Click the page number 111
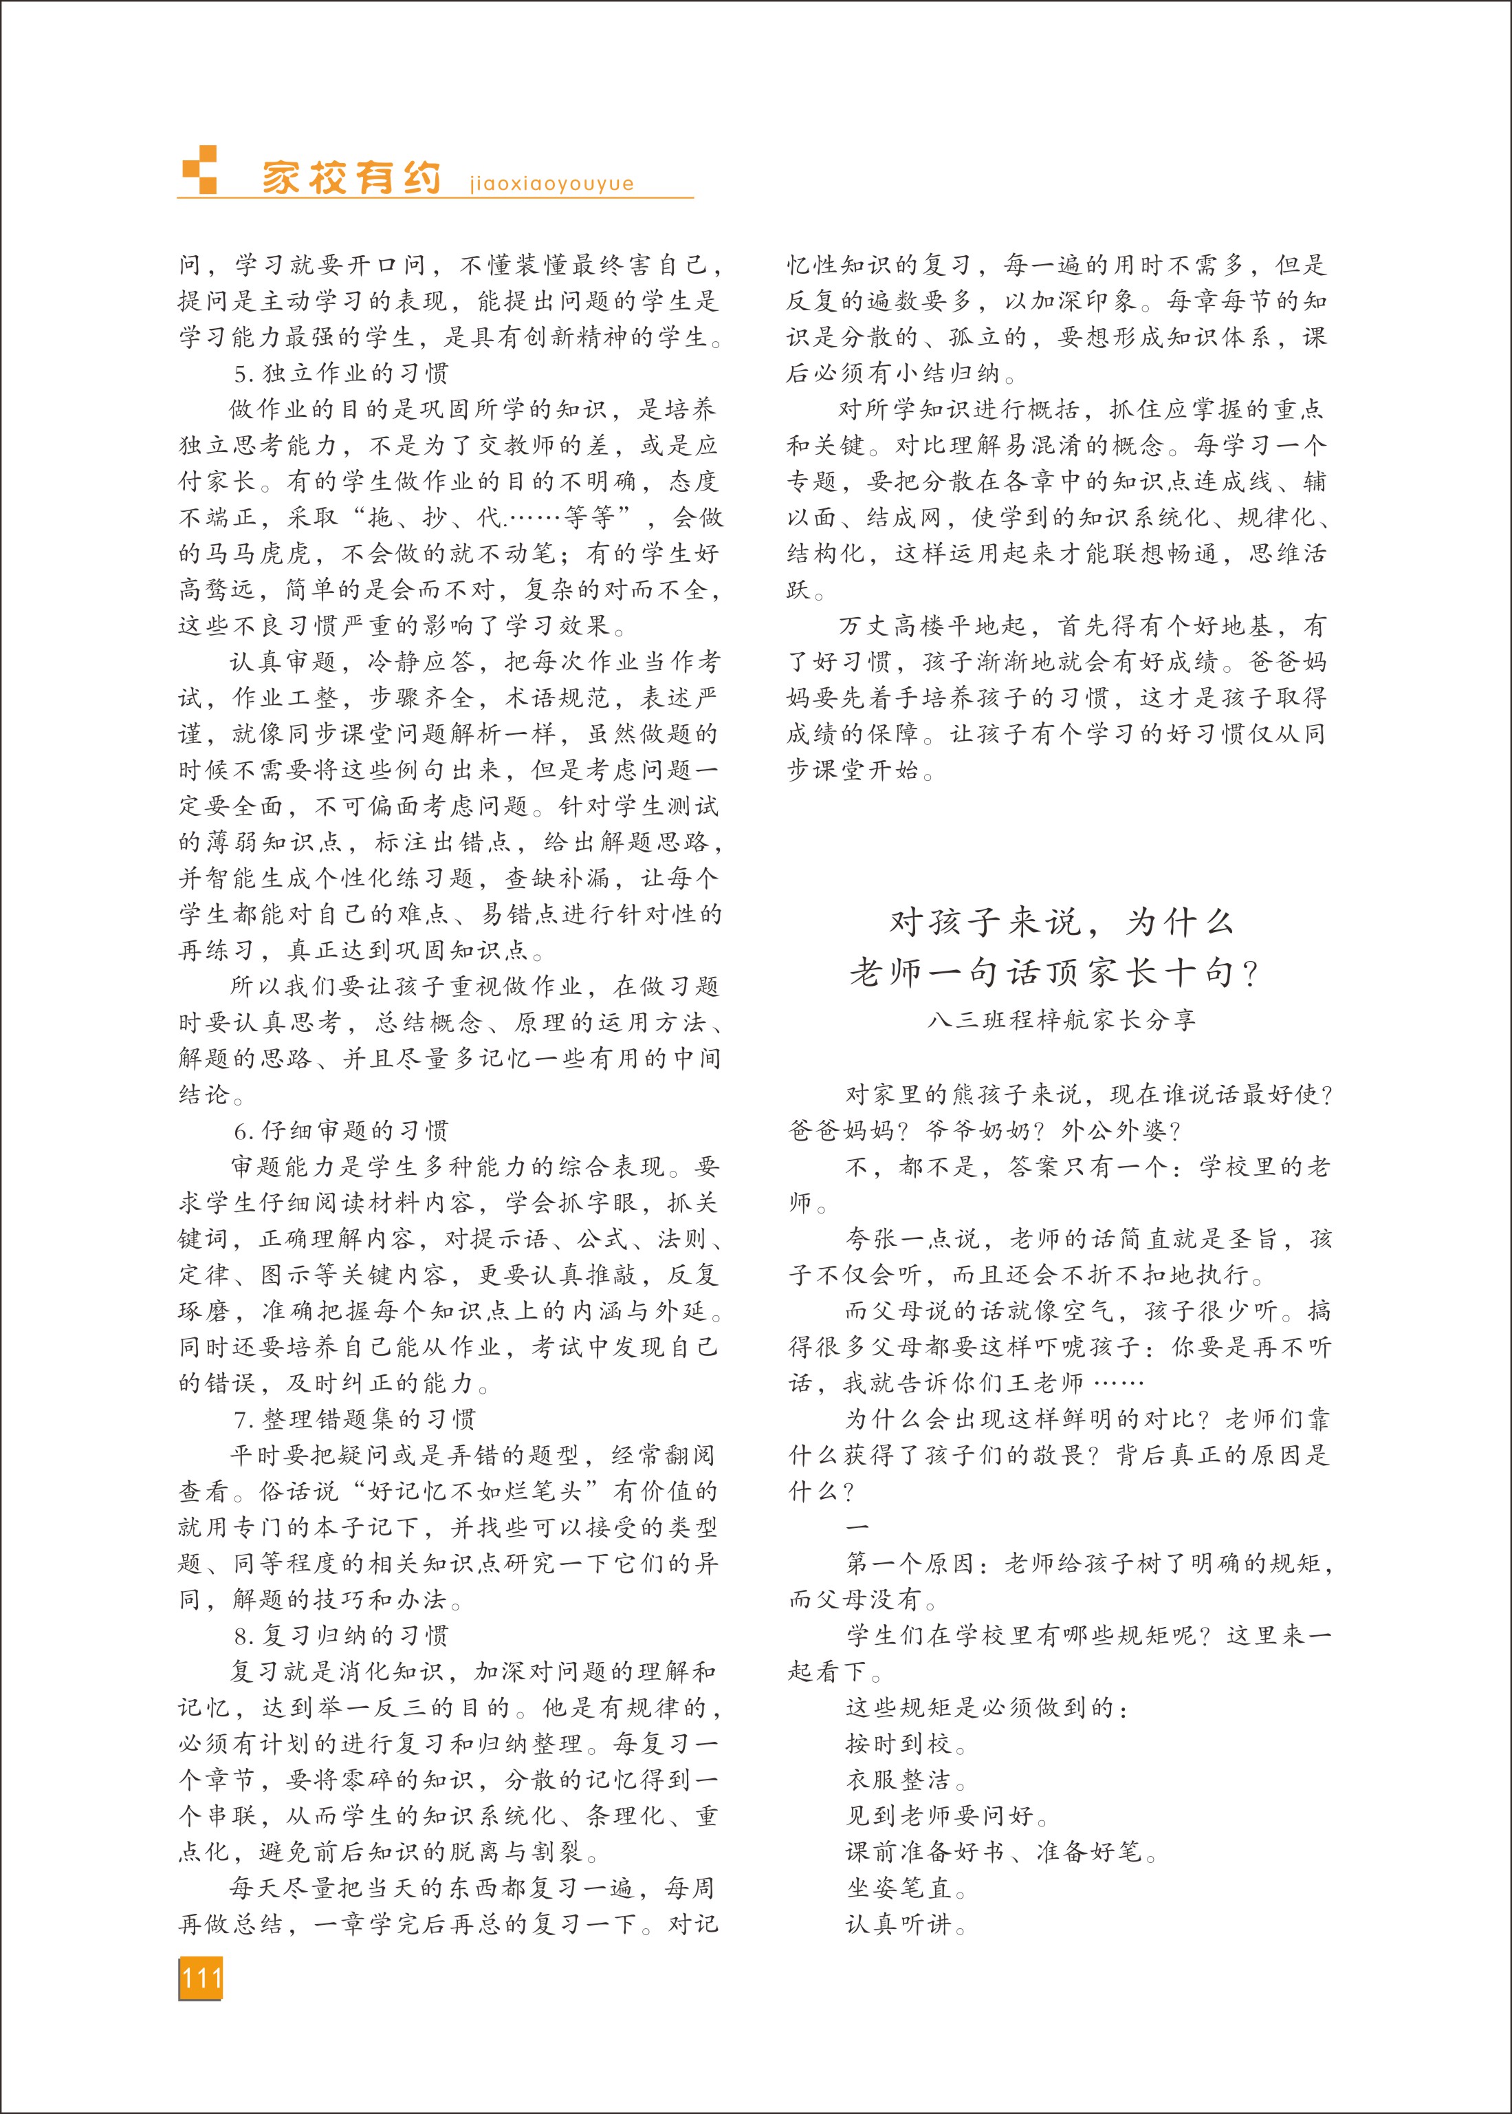[201, 1977]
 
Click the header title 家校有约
[350, 177]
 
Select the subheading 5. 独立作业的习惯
[341, 374]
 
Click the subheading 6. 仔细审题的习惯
[341, 1130]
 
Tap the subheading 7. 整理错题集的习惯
[354, 1419]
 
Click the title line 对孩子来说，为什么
[1062, 922]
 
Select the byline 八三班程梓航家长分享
[1062, 1020]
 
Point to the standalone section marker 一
[857, 1527]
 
